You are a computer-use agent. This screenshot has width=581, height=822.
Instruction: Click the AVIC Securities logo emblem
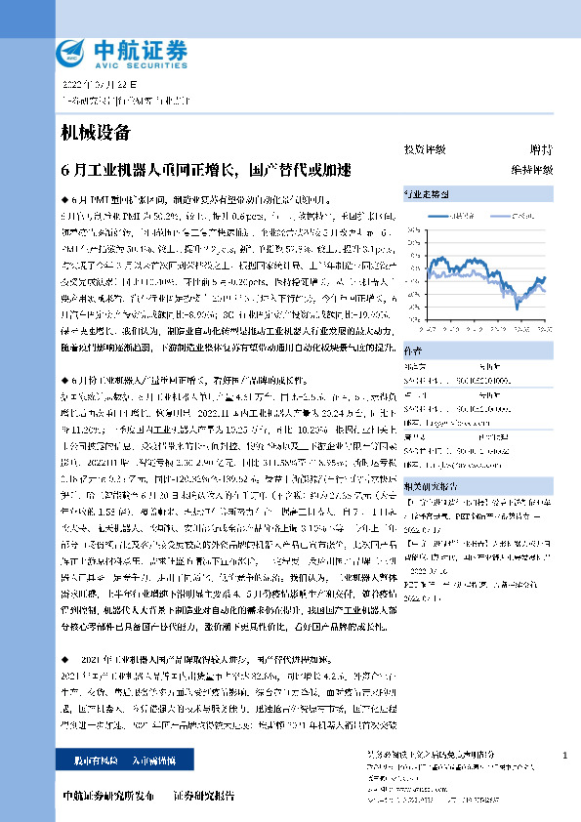tap(70, 52)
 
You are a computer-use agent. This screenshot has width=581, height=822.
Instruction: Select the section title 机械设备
tap(95, 132)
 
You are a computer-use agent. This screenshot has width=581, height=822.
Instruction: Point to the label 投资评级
tap(425, 149)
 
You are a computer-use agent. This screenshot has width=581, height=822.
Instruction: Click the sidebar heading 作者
tap(412, 348)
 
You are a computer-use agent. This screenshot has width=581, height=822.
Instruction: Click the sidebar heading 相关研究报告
tap(428, 484)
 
